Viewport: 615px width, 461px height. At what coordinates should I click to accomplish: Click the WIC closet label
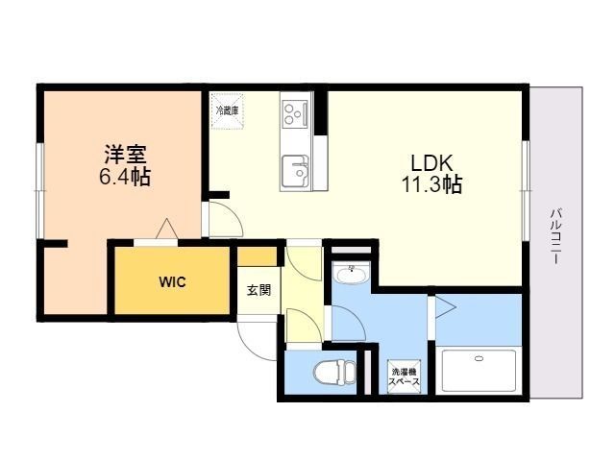172,282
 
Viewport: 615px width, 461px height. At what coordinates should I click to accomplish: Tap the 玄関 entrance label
258,290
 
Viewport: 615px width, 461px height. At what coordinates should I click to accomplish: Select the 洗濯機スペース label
404,376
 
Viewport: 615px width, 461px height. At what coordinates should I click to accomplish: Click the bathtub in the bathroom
478,370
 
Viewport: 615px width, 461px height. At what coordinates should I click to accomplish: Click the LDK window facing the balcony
527,182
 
